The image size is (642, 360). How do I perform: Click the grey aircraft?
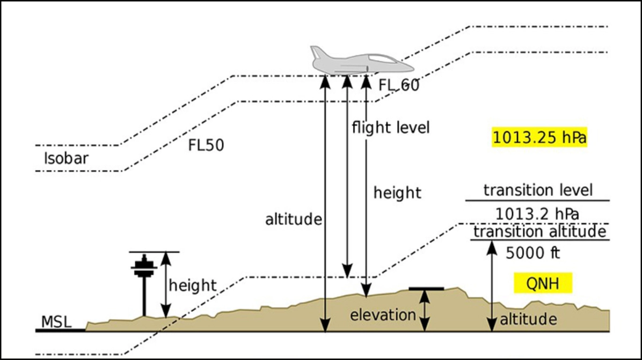click(x=360, y=61)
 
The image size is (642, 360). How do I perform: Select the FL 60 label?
click(x=399, y=85)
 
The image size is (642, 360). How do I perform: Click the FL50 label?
click(x=206, y=145)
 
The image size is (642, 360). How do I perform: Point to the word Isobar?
click(x=66, y=158)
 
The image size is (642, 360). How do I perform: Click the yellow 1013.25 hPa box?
click(x=539, y=137)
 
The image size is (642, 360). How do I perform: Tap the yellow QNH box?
click(x=543, y=283)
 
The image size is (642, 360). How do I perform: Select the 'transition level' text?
click(x=537, y=190)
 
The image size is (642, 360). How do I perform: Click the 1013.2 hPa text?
click(x=537, y=214)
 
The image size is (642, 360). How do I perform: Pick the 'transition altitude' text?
click(x=539, y=232)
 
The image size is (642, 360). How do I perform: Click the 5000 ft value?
click(x=532, y=253)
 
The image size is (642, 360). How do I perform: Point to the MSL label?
click(x=56, y=322)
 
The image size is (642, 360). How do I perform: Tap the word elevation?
click(x=383, y=315)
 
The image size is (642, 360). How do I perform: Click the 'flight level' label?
click(x=391, y=128)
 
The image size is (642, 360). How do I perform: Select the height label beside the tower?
click(x=192, y=285)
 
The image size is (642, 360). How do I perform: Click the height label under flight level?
click(x=397, y=193)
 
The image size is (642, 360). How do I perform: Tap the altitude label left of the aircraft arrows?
click(x=294, y=219)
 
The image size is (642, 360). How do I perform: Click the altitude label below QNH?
click(x=528, y=319)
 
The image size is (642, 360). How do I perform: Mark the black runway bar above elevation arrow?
click(x=426, y=289)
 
